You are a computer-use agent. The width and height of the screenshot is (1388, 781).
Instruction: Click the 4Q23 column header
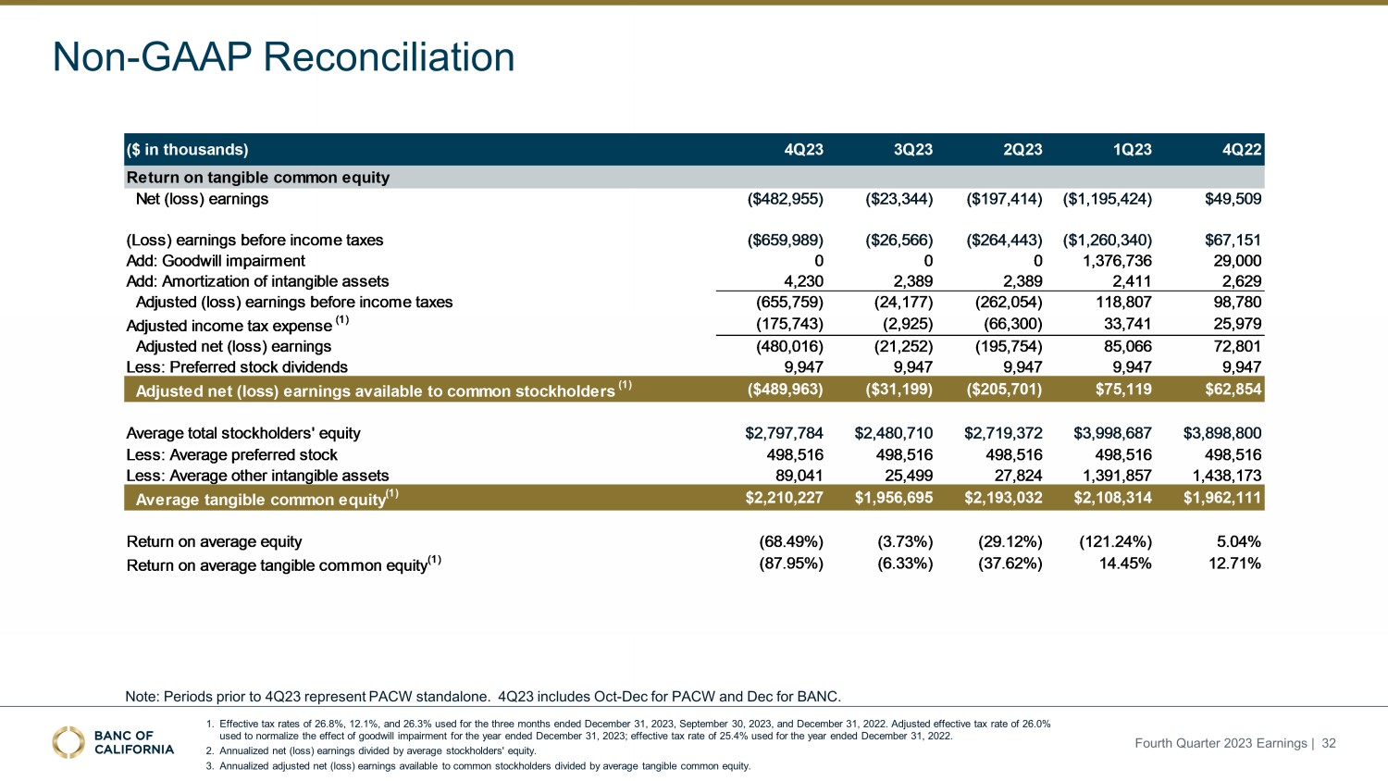coord(802,150)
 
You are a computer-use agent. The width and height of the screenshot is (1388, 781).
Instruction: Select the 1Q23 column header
coord(1131,150)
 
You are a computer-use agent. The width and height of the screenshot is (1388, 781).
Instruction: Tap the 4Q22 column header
coord(1240,150)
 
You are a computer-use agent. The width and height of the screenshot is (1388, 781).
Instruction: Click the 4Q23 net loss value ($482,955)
coord(785,199)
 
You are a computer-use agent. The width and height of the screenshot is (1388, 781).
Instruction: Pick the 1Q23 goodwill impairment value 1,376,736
coord(1117,261)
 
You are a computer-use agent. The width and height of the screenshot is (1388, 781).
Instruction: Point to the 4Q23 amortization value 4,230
coord(803,281)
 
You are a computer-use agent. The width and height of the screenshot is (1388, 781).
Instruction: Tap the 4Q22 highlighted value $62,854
coord(1233,389)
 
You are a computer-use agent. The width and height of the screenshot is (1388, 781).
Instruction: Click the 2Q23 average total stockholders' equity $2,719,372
coord(1003,433)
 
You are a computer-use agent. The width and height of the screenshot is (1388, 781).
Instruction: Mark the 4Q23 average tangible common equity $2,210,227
coord(784,498)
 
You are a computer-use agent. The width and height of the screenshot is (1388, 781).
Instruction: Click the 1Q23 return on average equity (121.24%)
coord(1115,541)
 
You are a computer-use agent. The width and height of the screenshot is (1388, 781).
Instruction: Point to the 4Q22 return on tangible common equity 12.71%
coord(1234,564)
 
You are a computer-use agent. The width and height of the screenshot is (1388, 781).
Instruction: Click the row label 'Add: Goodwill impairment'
coord(216,261)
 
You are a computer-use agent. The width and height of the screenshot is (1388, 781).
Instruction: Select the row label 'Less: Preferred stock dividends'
coord(237,367)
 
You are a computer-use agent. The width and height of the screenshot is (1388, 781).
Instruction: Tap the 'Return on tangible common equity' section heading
coord(258,178)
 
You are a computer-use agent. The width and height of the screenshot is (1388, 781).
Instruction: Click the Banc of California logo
coord(113,742)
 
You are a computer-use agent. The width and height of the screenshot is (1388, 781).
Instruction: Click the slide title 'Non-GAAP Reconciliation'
coord(283,57)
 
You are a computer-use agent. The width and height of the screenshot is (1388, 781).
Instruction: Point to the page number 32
coord(1329,743)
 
